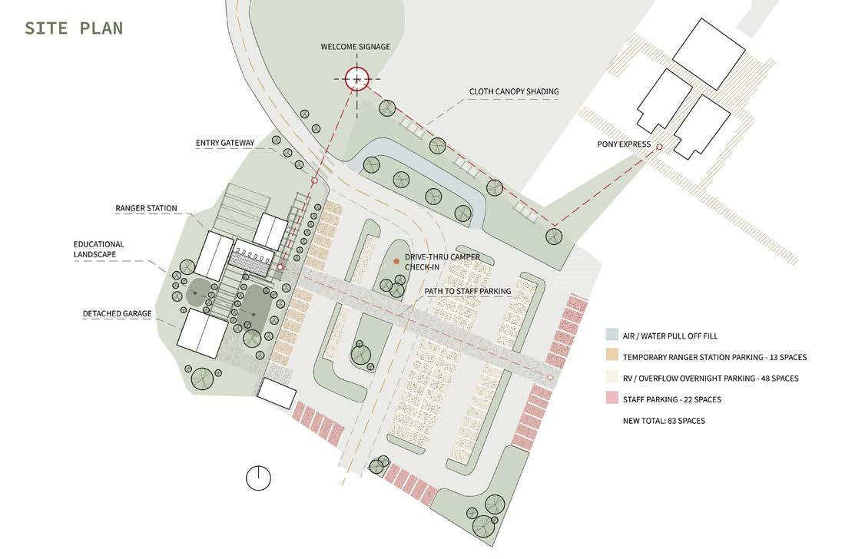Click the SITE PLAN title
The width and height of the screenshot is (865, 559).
pos(74,28)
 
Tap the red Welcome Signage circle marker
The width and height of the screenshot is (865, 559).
pos(357,78)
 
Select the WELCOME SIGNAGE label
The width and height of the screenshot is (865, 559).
pos(355,47)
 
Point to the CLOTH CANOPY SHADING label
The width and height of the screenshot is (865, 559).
pos(514,91)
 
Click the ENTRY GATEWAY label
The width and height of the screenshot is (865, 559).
pos(225,143)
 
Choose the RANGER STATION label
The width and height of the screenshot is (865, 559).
pos(146,208)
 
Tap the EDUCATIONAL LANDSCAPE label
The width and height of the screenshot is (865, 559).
pos(98,249)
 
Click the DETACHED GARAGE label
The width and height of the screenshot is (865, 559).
pos(117,314)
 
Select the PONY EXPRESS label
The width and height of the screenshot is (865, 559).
pos(624,144)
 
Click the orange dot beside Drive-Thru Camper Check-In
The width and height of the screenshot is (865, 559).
pos(396,262)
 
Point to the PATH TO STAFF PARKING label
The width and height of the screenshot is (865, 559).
pos(468,291)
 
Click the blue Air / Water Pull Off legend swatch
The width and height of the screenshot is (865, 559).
pos(611,336)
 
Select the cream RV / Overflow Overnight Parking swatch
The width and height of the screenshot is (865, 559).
pos(611,378)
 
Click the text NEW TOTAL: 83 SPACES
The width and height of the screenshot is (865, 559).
pos(664,421)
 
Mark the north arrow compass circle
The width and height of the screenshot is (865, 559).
pos(258,478)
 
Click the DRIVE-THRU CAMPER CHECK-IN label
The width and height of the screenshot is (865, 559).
pos(442,262)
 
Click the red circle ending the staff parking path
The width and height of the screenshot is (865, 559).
pos(549,378)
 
